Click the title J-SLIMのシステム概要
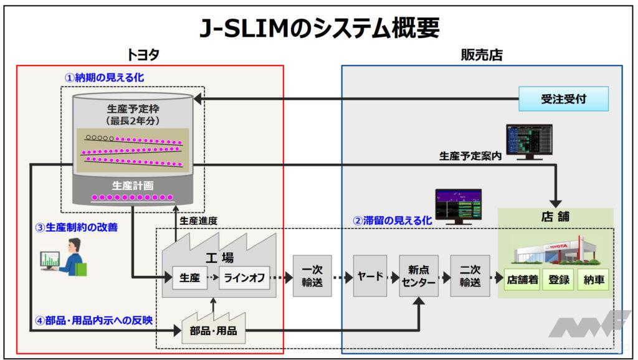point(318,27)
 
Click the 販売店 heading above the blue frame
point(481,55)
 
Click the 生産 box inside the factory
point(189,278)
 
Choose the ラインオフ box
point(244,278)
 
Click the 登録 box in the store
point(559,280)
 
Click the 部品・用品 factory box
point(213,331)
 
